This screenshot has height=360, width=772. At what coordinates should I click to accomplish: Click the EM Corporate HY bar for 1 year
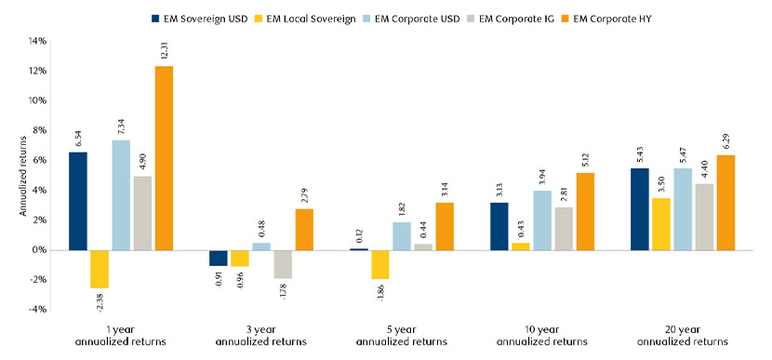[164, 158]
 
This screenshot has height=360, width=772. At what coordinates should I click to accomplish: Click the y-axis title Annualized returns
[22, 175]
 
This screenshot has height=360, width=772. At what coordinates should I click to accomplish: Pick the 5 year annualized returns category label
[401, 338]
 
